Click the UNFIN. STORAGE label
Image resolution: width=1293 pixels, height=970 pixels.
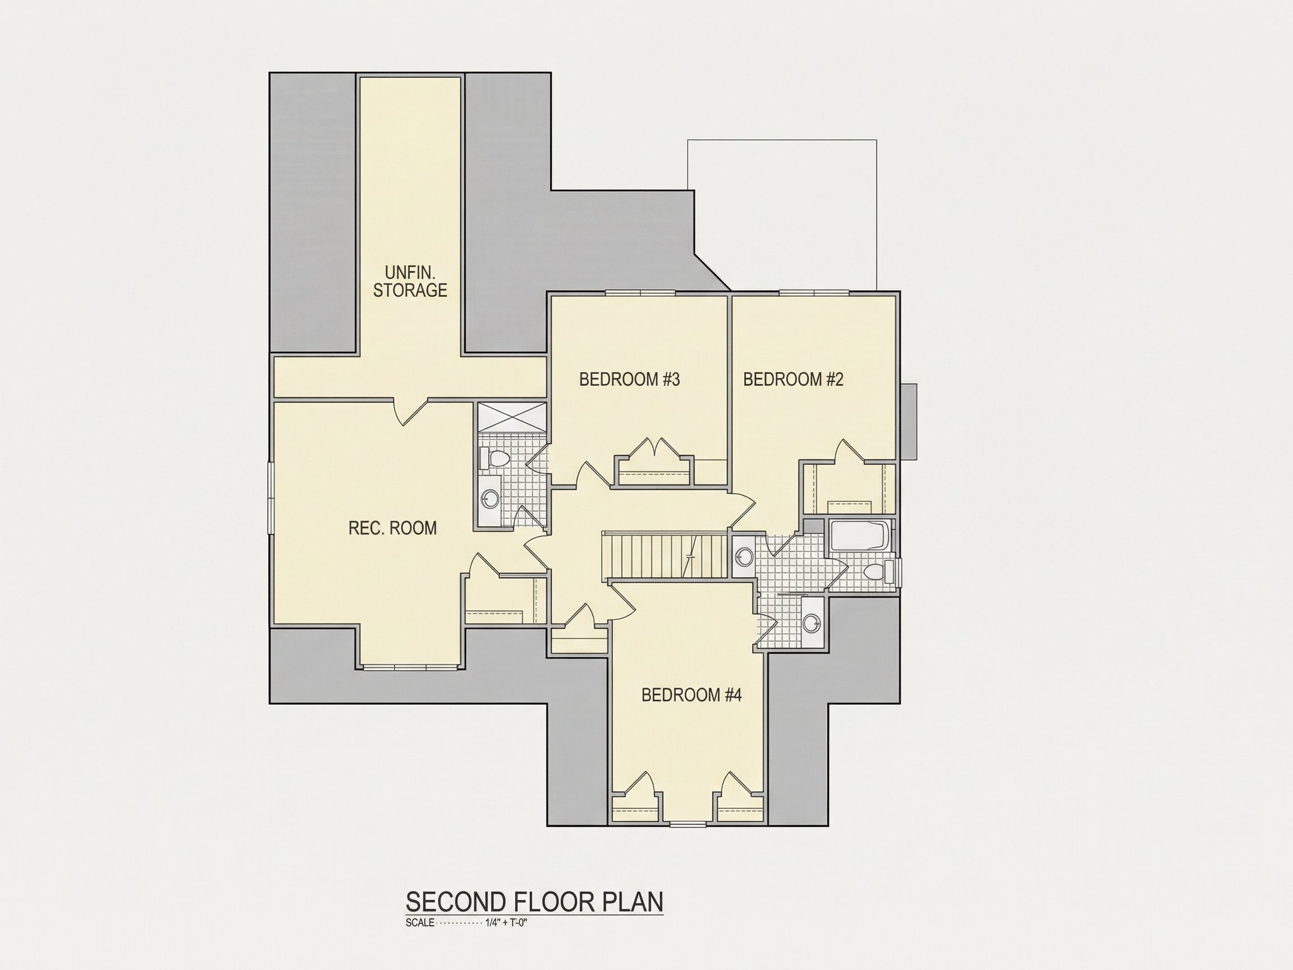410,281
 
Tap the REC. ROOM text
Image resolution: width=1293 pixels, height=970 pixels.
392,528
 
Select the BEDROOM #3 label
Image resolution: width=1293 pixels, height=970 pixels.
630,379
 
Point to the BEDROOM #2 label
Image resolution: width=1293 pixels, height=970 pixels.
793,379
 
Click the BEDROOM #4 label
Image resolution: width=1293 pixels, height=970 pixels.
691,694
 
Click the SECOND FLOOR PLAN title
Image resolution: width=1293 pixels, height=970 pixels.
534,902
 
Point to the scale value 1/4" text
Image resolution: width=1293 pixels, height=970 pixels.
494,923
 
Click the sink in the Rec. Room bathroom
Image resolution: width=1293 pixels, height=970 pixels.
490,498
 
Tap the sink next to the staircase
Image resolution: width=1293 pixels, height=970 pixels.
743,556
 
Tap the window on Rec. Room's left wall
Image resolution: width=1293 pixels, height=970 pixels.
270,497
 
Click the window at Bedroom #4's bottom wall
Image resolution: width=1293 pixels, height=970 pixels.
687,825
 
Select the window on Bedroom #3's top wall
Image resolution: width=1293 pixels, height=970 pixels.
640,292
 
